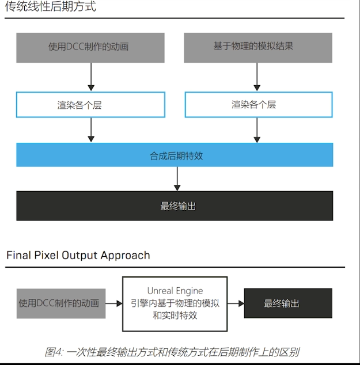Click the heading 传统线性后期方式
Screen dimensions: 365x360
pyautogui.click(x=51, y=7)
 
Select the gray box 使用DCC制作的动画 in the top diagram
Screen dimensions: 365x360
pyautogui.click(x=90, y=47)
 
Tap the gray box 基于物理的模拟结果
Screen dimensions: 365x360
pyautogui.click(x=257, y=47)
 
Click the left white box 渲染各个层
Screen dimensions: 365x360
pyautogui.click(x=90, y=105)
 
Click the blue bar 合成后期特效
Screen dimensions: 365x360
pyautogui.click(x=175, y=155)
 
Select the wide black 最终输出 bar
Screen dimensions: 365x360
pyautogui.click(x=175, y=206)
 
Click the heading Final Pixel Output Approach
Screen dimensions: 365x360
pyautogui.click(x=78, y=255)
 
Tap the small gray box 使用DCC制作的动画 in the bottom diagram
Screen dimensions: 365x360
pyautogui.click(x=60, y=303)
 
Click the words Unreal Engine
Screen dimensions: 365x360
pyautogui.click(x=175, y=291)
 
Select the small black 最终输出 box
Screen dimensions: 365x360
pyautogui.click(x=288, y=303)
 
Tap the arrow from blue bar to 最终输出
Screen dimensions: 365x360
pyautogui.click(x=177, y=179)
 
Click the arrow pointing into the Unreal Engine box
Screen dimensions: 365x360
pyautogui.click(x=114, y=303)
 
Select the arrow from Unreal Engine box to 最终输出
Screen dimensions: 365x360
pyautogui.click(x=236, y=303)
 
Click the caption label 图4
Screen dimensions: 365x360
pyautogui.click(x=53, y=352)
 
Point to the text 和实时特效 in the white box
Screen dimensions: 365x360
pyautogui.click(x=175, y=315)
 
